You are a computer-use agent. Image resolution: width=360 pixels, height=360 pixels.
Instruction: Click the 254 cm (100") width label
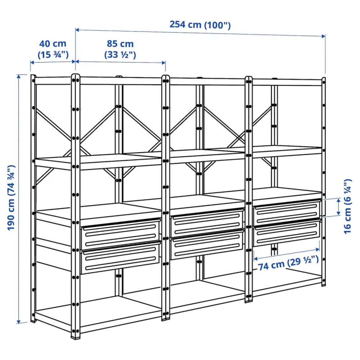point(200,25)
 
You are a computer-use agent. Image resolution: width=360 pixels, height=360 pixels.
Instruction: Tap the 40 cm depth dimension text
point(53,49)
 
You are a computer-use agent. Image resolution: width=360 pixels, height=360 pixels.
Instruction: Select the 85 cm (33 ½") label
point(120,49)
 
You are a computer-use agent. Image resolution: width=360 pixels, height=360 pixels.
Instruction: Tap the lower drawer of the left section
point(121,258)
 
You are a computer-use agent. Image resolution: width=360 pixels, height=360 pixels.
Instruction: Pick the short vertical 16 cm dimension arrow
point(339,207)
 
